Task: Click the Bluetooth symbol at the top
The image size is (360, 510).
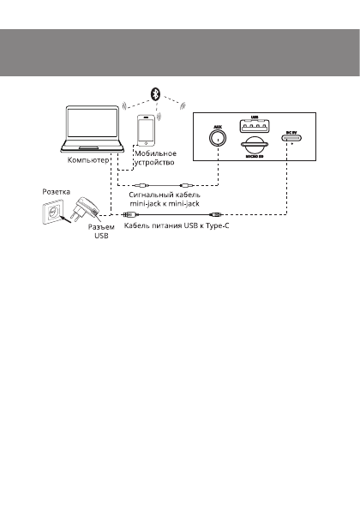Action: point(156,92)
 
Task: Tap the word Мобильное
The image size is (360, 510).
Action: point(155,153)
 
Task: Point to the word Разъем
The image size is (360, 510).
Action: point(102,228)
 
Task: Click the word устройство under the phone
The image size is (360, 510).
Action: point(154,162)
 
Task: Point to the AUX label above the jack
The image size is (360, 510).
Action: point(218,124)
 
